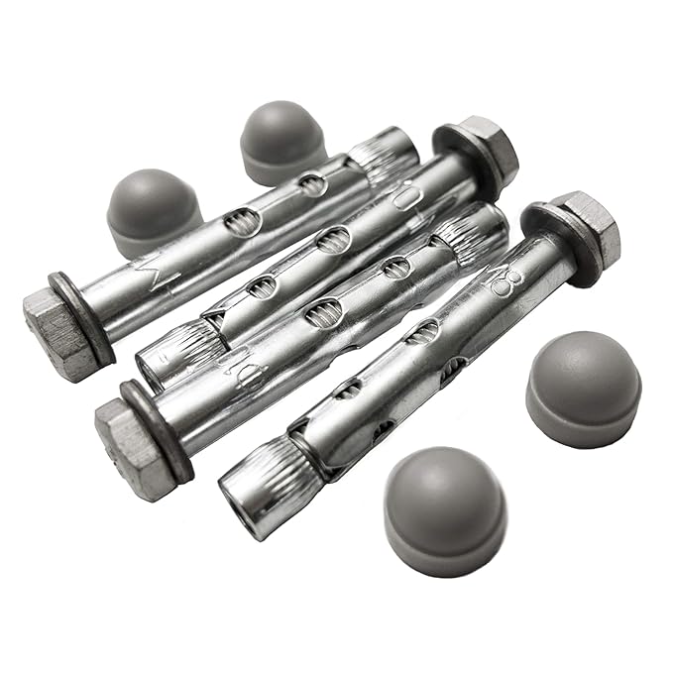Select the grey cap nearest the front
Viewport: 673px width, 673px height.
coord(444,508)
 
